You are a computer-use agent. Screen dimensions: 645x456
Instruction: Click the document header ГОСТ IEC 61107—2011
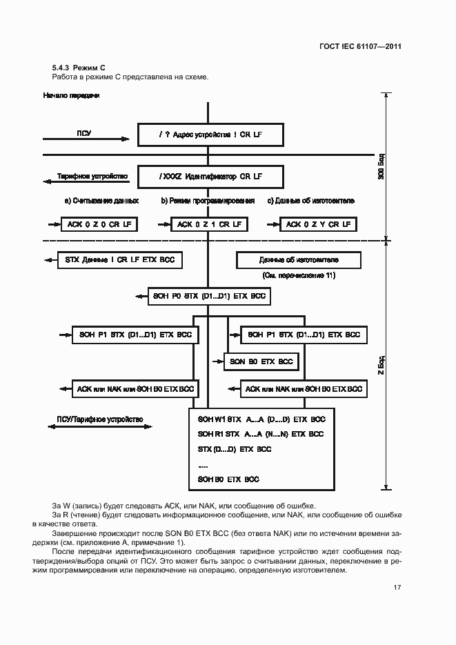(x=370, y=47)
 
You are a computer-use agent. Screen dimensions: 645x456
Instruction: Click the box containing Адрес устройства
(x=210, y=135)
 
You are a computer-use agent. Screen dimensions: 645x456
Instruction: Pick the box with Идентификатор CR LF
(x=210, y=177)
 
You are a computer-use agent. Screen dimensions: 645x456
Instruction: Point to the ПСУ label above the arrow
(x=84, y=132)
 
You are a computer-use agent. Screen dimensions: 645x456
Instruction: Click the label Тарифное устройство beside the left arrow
(x=94, y=177)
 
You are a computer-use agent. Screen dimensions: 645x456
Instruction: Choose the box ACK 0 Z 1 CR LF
(x=209, y=224)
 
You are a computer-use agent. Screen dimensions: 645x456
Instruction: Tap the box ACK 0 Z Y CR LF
(x=318, y=224)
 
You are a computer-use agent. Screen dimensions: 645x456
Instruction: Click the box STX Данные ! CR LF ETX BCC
(x=119, y=260)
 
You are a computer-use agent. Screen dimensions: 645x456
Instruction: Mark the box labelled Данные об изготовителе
(x=299, y=260)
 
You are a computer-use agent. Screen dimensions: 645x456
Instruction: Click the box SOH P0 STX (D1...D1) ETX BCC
(x=209, y=297)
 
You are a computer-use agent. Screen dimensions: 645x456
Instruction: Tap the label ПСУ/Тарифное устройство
(x=99, y=419)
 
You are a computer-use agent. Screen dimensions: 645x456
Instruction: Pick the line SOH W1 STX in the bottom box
(x=261, y=419)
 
